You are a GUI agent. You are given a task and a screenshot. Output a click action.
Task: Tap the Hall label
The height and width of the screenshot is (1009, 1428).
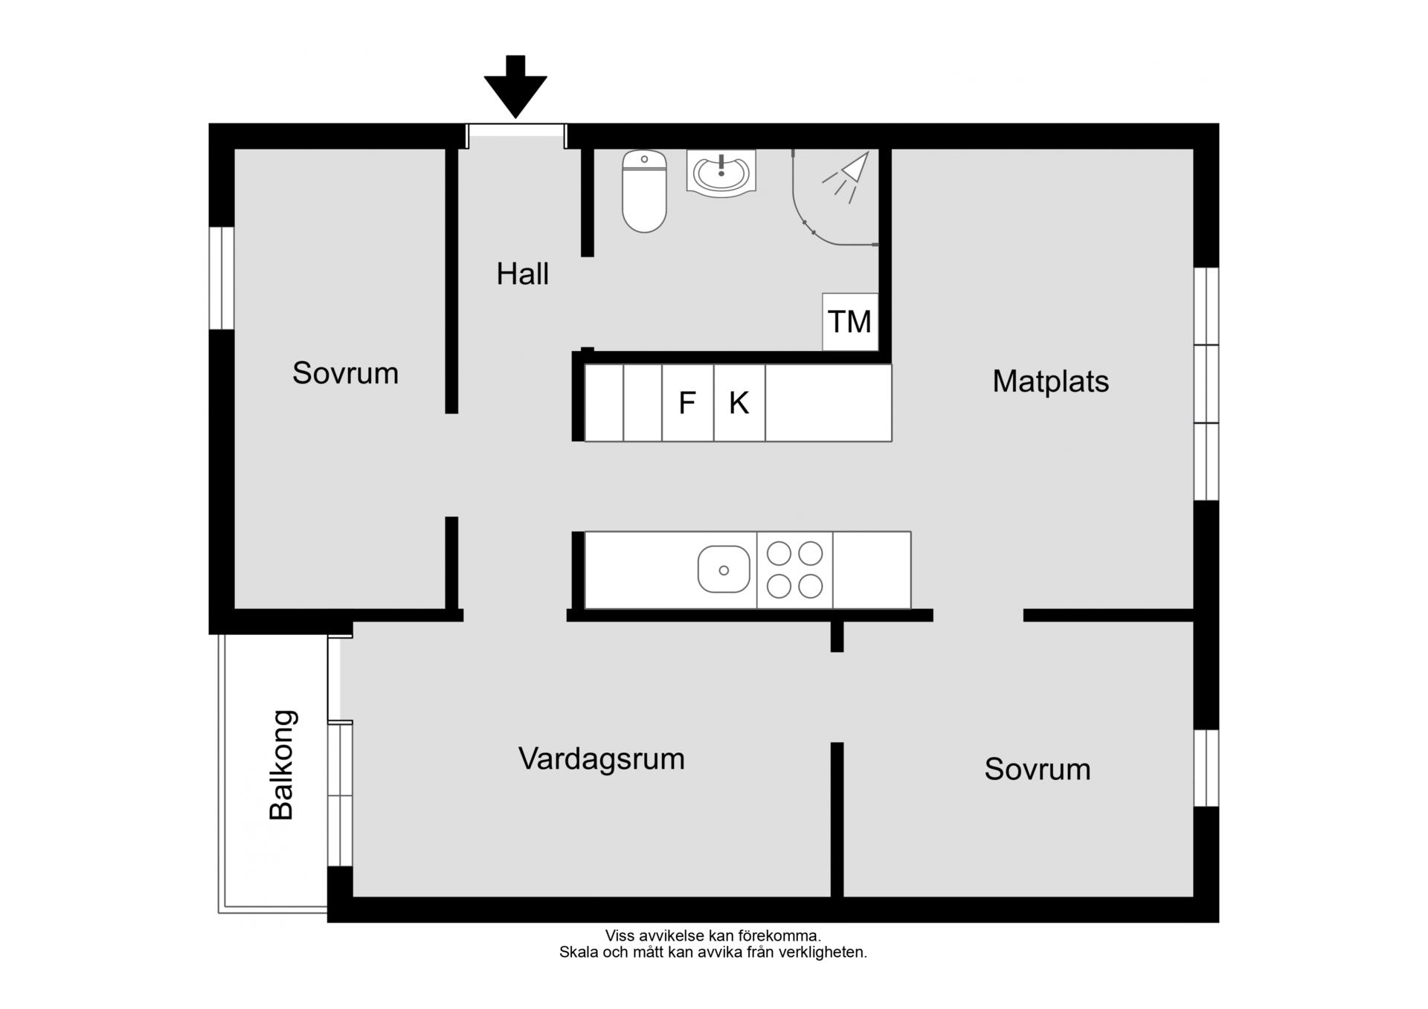pyautogui.click(x=522, y=274)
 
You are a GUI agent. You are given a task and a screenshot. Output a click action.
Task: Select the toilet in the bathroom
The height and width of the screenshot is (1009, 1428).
pyautogui.click(x=644, y=192)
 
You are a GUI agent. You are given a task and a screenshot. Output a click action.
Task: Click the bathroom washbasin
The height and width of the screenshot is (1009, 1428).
pyautogui.click(x=721, y=173)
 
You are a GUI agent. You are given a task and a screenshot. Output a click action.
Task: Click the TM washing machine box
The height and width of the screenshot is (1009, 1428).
pyautogui.click(x=850, y=322)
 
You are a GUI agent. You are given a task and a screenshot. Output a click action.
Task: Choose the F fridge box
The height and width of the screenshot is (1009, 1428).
pyautogui.click(x=688, y=403)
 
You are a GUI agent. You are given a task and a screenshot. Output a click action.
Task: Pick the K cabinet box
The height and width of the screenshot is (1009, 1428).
pyautogui.click(x=739, y=403)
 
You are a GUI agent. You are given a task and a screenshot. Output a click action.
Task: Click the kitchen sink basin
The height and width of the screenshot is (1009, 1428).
pyautogui.click(x=724, y=570)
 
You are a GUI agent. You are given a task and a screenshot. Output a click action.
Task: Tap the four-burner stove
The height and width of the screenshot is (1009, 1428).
pyautogui.click(x=795, y=570)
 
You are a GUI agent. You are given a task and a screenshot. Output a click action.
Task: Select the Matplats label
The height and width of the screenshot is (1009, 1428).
pyautogui.click(x=1050, y=381)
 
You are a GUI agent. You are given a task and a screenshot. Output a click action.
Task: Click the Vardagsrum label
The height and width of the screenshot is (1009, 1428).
pyautogui.click(x=602, y=759)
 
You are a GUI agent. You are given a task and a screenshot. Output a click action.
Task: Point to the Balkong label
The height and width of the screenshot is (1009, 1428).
pyautogui.click(x=282, y=765)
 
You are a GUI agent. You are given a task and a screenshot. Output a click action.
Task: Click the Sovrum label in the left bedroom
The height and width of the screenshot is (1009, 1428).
pyautogui.click(x=345, y=373)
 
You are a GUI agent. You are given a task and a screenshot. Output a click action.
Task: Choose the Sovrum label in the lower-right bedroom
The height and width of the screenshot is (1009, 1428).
pyautogui.click(x=1038, y=770)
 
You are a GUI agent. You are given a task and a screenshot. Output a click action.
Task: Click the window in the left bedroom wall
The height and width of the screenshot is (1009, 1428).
pyautogui.click(x=222, y=278)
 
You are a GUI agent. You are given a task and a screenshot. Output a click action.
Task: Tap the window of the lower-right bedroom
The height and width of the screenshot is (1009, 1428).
pyautogui.click(x=1206, y=768)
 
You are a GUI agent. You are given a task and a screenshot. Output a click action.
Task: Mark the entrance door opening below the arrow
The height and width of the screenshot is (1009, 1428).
pyautogui.click(x=516, y=136)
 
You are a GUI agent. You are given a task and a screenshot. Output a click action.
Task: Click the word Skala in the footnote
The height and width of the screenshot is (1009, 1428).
pyautogui.click(x=578, y=952)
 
